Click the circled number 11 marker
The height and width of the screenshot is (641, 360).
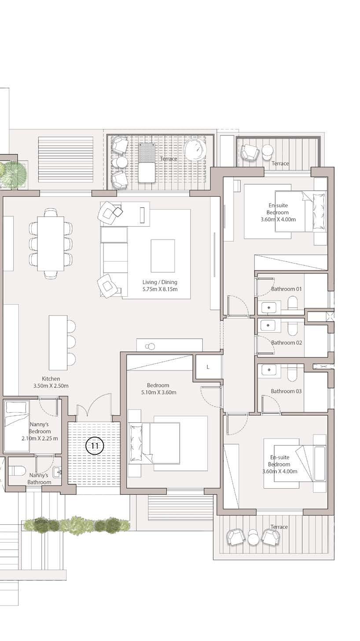tap(95, 446)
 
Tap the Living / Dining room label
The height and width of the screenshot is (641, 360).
tap(160, 282)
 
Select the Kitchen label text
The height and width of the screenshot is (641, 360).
tap(51, 378)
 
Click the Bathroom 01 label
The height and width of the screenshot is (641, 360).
tap(287, 289)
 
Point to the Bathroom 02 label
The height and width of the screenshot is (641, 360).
tap(287, 342)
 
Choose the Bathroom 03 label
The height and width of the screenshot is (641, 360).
tap(286, 391)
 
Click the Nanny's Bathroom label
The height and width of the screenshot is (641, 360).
tap(39, 479)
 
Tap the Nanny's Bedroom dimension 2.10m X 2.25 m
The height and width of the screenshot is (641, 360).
tap(40, 438)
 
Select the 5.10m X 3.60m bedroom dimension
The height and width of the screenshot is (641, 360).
tap(159, 392)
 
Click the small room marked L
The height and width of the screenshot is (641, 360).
tap(208, 367)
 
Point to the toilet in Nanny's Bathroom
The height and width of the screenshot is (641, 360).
tap(17, 471)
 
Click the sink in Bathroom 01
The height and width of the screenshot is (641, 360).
tap(269, 307)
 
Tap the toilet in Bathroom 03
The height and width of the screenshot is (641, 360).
tap(293, 374)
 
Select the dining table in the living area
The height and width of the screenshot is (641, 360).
tap(51, 243)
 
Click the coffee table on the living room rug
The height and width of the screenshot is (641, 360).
tap(163, 256)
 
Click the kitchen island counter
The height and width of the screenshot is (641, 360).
tap(58, 343)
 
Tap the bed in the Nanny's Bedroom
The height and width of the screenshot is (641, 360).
tap(17, 426)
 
